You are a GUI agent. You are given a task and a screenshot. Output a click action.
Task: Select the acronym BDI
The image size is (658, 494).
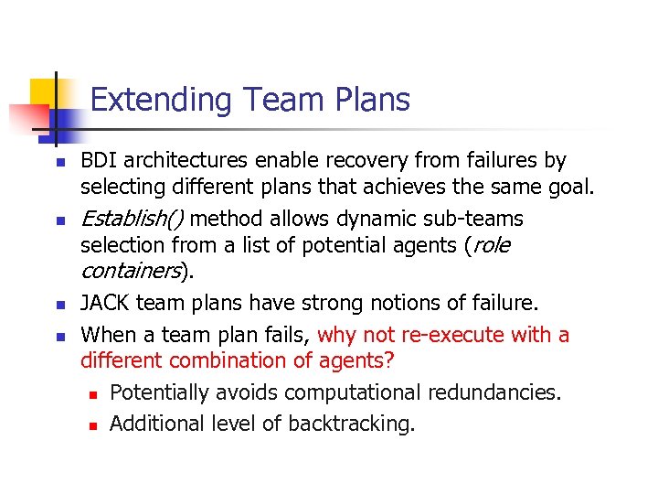point(100,161)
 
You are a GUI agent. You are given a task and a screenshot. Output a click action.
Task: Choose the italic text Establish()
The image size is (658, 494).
point(133,219)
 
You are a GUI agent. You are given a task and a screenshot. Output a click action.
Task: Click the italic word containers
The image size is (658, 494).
point(131,272)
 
